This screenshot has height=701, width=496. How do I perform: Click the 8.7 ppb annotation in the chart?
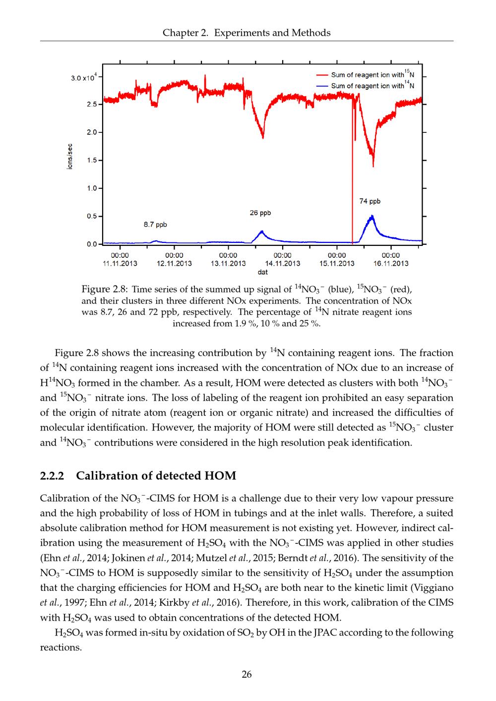coord(155,225)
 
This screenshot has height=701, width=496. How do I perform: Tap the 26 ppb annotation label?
coord(260,213)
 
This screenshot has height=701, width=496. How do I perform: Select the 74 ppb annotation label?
coord(370,201)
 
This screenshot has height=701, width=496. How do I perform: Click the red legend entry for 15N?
coord(368,75)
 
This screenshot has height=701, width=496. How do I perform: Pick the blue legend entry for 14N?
coord(368,86)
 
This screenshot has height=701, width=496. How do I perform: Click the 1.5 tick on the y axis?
coord(92,160)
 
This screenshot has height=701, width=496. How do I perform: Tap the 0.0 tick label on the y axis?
coord(92,244)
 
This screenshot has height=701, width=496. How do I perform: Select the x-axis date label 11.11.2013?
coord(120,263)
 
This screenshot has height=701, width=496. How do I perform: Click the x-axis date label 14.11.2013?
coord(283,263)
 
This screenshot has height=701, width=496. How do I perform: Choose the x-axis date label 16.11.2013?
coord(391,263)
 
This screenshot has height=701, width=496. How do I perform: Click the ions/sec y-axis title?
coord(70,157)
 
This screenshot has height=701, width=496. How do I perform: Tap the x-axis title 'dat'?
coord(263,272)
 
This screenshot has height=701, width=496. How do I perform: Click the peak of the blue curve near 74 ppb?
coord(372,216)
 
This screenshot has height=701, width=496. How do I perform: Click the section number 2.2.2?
coord(52,476)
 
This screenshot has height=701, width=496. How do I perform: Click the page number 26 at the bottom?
coord(247,674)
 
